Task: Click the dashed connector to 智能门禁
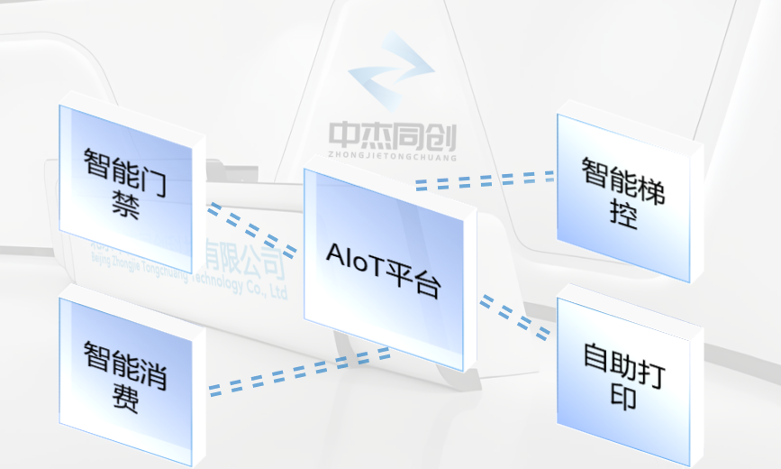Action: [x=251, y=229]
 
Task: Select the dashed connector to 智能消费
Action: [x=297, y=370]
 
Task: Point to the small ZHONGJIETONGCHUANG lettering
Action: [x=393, y=156]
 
